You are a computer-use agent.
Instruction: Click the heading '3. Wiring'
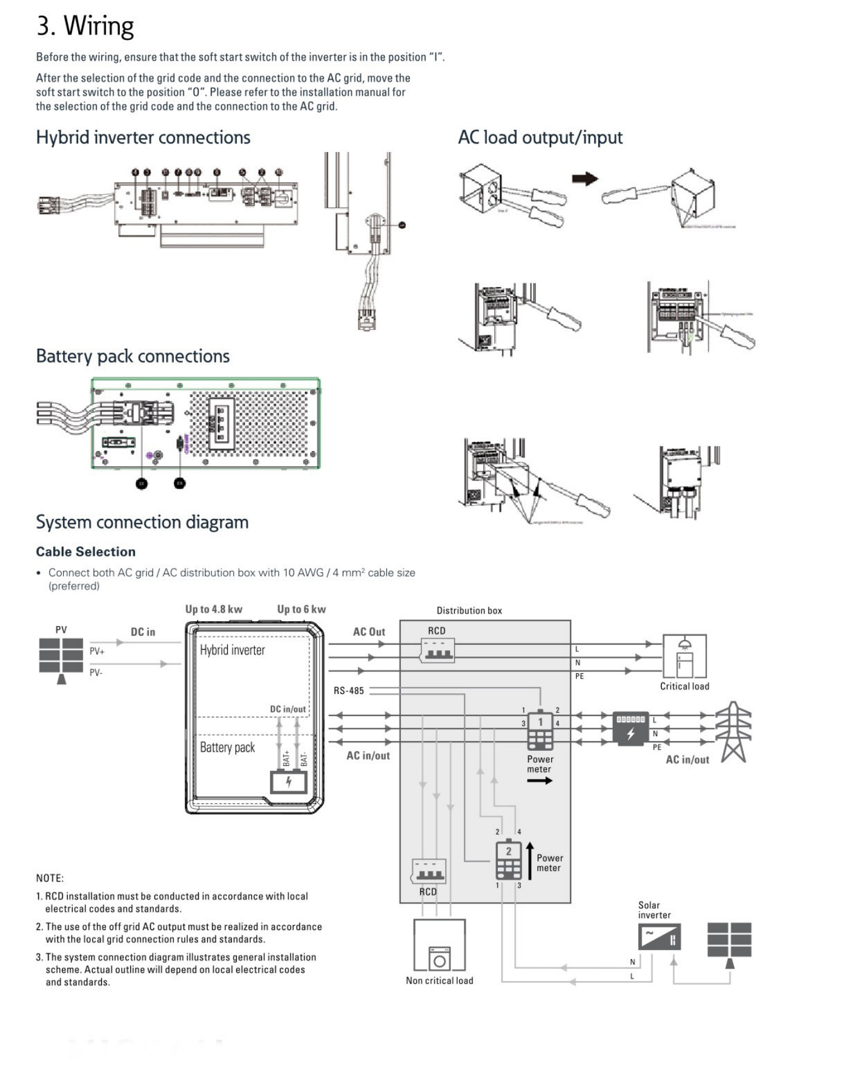85,26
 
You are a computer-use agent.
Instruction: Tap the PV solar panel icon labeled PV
61,656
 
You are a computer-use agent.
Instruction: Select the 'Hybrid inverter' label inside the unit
233,650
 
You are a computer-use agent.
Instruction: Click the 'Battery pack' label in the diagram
227,748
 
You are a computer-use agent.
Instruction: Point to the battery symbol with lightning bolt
288,782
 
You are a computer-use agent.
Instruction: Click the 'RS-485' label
349,691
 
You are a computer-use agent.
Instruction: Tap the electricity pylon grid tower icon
733,731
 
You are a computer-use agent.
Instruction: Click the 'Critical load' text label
684,687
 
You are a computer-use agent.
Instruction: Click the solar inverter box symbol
660,937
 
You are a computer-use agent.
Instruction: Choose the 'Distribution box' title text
469,611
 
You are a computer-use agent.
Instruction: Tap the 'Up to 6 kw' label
302,610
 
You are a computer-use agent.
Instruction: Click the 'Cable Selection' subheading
85,552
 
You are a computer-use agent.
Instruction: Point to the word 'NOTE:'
50,878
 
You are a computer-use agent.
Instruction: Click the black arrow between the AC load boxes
585,179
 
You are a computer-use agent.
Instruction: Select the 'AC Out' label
369,632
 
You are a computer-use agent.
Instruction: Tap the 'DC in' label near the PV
143,632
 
